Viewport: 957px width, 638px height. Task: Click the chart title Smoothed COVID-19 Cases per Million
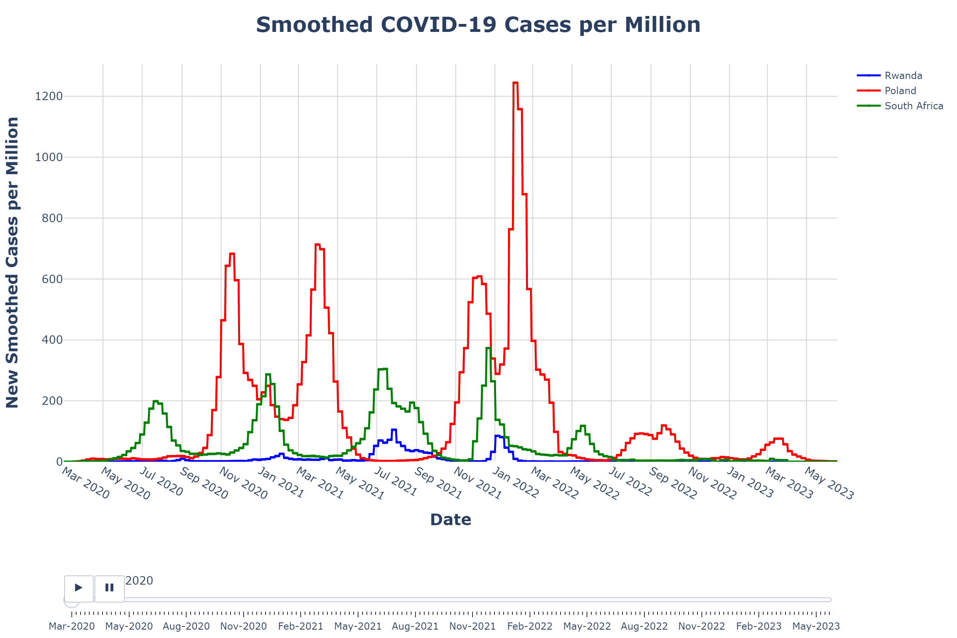[478, 25]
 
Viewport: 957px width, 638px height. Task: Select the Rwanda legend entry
[903, 76]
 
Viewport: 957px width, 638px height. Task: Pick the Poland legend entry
[900, 91]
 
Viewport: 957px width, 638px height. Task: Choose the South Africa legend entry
[914, 106]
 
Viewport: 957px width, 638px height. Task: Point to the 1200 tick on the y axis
[49, 96]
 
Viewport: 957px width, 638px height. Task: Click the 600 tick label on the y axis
[52, 279]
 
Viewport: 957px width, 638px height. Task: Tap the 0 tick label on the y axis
[59, 462]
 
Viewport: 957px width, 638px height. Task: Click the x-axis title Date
[451, 520]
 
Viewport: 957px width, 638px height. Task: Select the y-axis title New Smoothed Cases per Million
[12, 262]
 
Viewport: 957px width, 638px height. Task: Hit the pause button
[109, 587]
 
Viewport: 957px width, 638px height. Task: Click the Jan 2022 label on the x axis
[516, 483]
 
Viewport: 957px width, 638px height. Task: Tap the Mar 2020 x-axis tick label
[85, 483]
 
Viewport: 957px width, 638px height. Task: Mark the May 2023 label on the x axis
[829, 484]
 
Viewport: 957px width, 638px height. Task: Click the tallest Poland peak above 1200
[516, 83]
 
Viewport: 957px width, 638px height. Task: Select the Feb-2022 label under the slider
[530, 626]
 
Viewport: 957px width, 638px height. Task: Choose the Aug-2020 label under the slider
[186, 626]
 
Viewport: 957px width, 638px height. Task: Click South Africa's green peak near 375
[488, 348]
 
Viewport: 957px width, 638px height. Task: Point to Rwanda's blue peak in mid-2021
[394, 430]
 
